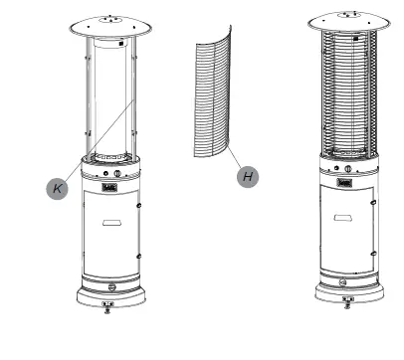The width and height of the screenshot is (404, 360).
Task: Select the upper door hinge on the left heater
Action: [x=139, y=206]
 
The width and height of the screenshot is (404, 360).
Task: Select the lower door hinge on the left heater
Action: [x=139, y=255]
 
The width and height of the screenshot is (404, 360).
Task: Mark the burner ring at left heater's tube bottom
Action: [x=111, y=157]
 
